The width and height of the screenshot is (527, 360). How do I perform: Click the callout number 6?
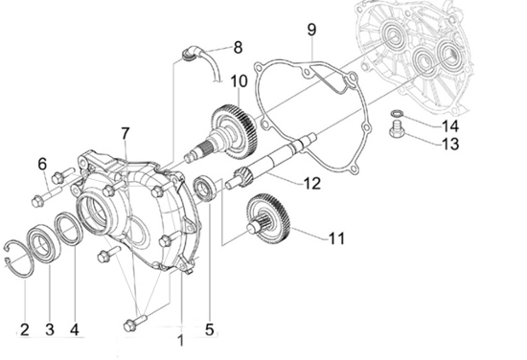point(42,165)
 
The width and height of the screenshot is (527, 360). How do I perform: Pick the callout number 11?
point(334,236)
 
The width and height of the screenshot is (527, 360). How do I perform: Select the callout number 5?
point(209,330)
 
